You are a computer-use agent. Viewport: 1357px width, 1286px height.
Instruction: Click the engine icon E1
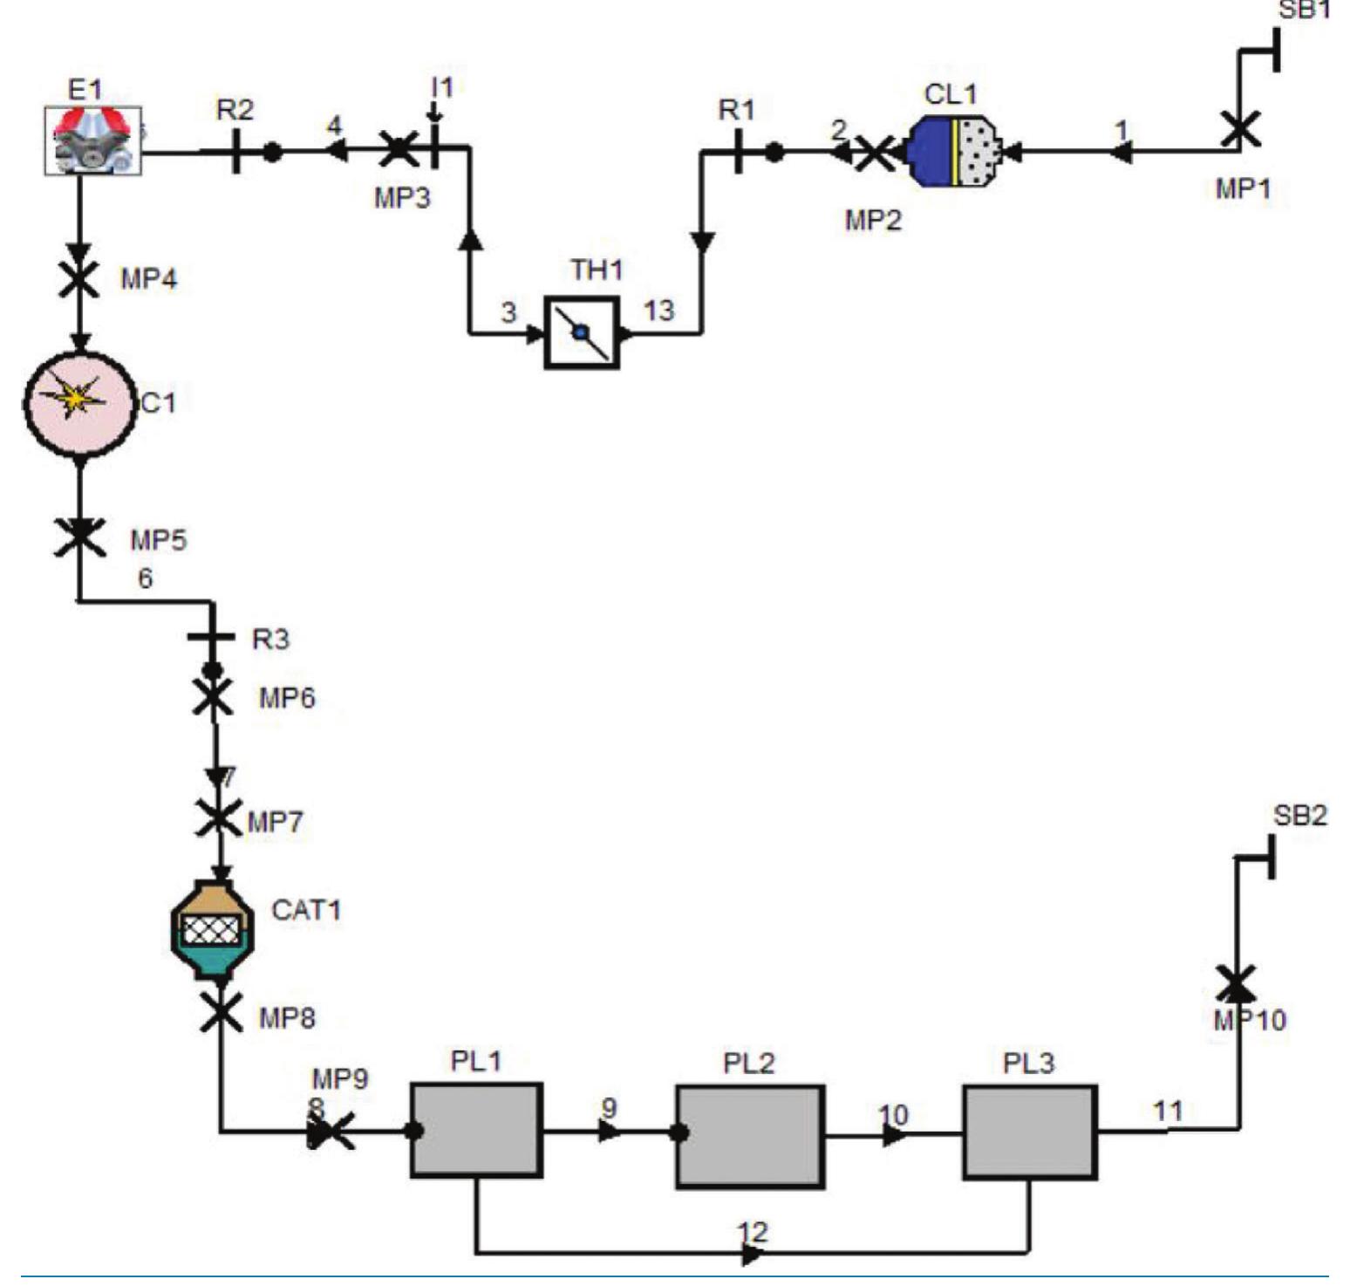click(x=92, y=140)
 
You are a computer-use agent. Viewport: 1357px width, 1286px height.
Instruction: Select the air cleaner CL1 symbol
click(x=953, y=151)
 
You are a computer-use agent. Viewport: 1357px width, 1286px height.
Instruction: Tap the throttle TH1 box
click(x=582, y=332)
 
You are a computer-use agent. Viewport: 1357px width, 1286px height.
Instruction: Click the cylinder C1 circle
click(x=79, y=402)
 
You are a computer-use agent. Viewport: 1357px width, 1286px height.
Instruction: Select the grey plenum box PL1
click(x=476, y=1130)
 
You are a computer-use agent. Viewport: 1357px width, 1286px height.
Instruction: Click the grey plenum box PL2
click(x=750, y=1136)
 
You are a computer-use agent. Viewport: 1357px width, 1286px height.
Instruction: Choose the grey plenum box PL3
click(x=1029, y=1132)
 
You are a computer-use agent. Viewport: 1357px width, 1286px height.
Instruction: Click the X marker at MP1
click(x=1239, y=130)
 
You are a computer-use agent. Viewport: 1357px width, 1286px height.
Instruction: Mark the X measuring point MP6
click(x=212, y=698)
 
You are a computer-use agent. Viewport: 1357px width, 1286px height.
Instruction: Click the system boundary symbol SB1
click(x=1275, y=50)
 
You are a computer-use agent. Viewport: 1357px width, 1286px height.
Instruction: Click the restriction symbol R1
click(x=738, y=151)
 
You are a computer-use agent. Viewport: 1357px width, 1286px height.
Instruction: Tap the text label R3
click(x=270, y=640)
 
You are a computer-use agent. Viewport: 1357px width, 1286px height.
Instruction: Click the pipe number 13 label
click(x=658, y=310)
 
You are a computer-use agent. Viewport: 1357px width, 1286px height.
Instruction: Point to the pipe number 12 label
click(x=753, y=1232)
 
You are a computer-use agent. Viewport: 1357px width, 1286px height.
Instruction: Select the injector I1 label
click(x=443, y=87)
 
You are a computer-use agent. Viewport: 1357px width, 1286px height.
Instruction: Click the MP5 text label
click(x=159, y=540)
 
